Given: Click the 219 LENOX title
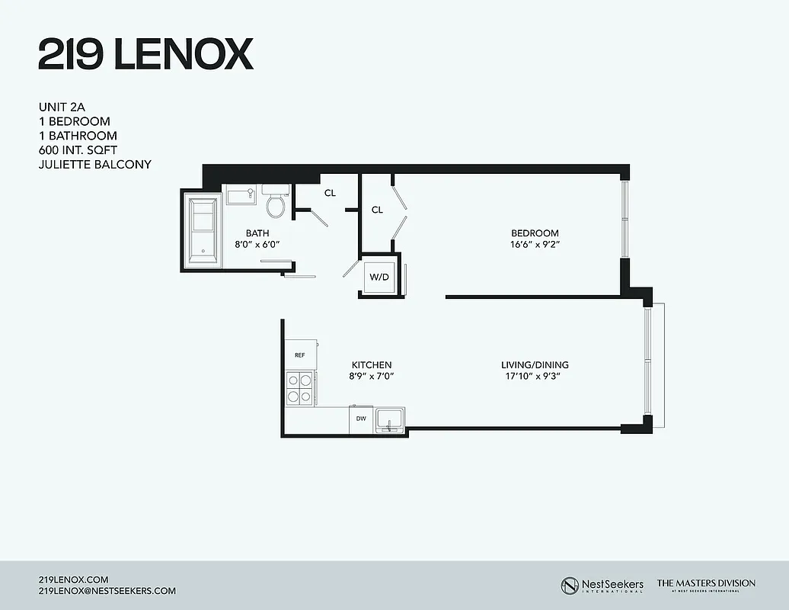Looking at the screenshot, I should point(145,54).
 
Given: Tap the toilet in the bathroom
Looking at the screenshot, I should point(275,204).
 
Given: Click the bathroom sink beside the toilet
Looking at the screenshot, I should point(241,195).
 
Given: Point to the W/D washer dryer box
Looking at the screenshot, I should point(379,276).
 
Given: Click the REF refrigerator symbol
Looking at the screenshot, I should point(300,355).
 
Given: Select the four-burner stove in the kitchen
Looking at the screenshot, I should point(300,387).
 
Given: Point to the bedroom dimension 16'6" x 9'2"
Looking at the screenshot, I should point(535,245).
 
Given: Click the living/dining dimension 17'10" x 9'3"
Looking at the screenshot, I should point(535,377).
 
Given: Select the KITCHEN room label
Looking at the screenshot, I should point(372,365).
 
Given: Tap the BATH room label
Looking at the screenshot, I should point(257,233).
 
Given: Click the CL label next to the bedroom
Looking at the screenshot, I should point(377,210).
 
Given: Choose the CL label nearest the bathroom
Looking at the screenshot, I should point(330,194).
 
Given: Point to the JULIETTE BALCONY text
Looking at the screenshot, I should point(94,164).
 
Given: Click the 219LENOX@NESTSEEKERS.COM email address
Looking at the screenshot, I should point(107,591).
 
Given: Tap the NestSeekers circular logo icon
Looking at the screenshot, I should point(569,585).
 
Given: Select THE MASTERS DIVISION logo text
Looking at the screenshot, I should point(706,583).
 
